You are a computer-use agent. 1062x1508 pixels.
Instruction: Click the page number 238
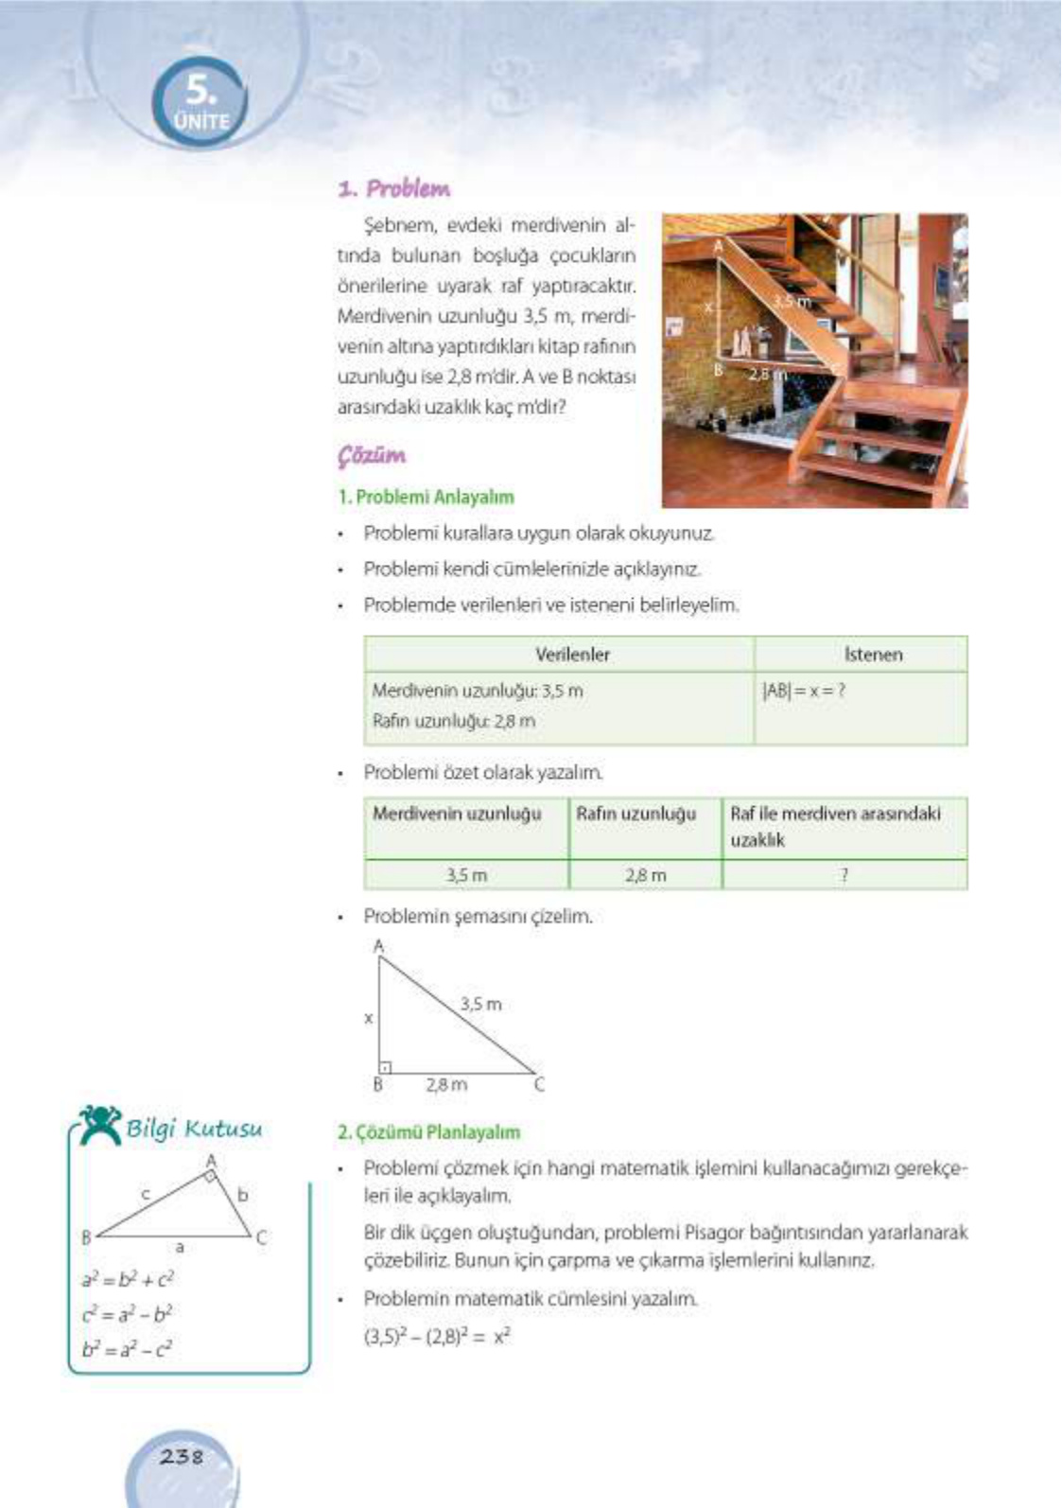pos(182,1456)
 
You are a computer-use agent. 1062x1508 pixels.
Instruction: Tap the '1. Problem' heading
pos(393,188)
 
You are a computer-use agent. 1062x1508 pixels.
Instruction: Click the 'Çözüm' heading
pos(372,456)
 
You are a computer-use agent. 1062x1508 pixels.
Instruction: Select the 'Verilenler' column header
pos(572,655)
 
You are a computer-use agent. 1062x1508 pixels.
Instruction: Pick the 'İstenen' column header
pos(872,655)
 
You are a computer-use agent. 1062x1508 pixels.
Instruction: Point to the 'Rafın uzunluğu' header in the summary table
pos(635,814)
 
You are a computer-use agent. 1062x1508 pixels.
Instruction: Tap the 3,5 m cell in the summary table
pos(466,875)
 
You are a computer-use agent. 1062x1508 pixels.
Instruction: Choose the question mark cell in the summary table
pos(844,875)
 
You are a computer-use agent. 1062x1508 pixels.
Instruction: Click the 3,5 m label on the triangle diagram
pos(480,1004)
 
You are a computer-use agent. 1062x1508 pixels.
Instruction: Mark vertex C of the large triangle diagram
pos(539,1084)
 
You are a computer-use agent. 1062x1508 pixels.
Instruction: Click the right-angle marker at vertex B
pos(386,1066)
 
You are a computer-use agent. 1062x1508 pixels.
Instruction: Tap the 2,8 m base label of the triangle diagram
pos(445,1085)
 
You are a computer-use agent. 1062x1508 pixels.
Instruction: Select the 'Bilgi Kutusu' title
pos(194,1129)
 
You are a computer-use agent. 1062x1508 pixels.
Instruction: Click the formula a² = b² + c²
pos(128,1280)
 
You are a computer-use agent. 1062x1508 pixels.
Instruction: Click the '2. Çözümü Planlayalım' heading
pos(429,1132)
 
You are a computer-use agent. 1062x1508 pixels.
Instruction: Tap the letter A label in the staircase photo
pos(718,246)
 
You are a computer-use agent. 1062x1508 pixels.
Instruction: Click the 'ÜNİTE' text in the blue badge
pos(202,122)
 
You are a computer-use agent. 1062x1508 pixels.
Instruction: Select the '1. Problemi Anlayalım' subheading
pos(426,497)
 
